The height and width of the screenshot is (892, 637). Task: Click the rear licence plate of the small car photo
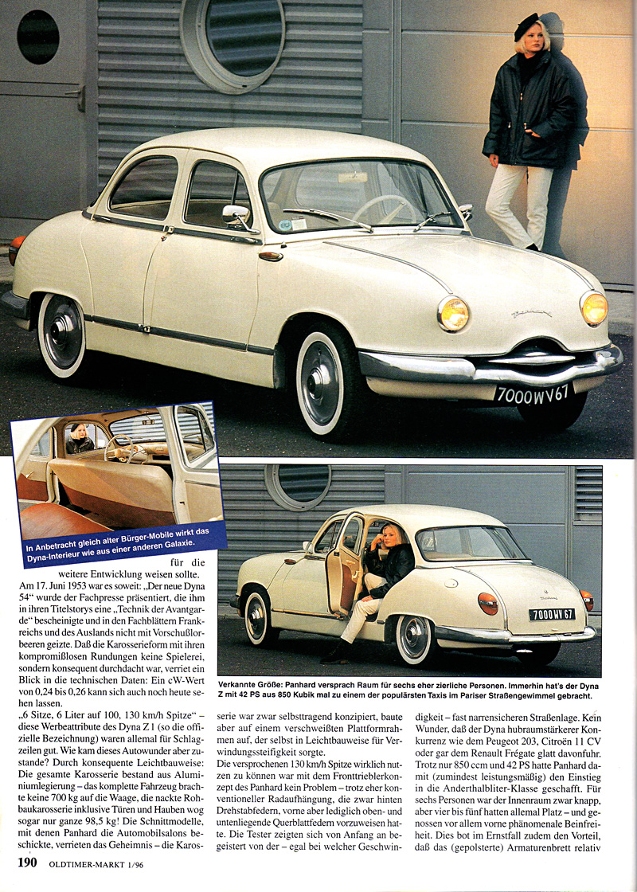552,614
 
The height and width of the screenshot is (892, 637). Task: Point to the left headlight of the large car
452,314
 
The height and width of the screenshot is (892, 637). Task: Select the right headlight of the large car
593,308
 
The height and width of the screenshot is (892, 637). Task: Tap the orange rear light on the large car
15,249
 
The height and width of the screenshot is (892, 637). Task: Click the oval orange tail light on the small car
487,603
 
